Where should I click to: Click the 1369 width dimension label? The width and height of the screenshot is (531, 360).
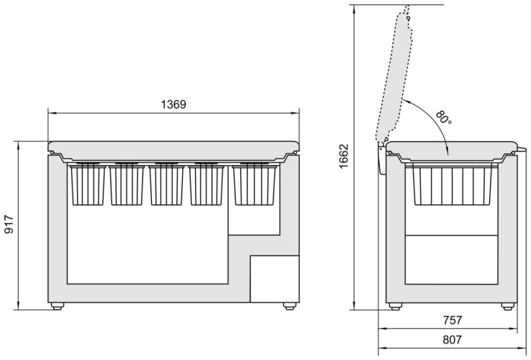(x=173, y=104)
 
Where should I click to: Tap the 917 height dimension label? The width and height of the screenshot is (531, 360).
(x=9, y=224)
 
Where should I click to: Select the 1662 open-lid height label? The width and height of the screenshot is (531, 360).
(x=343, y=156)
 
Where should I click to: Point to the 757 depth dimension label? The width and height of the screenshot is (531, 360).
(x=452, y=320)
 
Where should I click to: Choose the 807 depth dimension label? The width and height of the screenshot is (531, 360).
(x=452, y=339)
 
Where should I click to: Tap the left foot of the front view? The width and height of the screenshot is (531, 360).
(x=58, y=306)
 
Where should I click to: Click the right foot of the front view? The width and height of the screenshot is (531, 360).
(x=289, y=306)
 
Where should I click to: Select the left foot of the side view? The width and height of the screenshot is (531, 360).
(x=395, y=306)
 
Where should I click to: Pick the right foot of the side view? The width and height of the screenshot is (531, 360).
(x=507, y=306)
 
